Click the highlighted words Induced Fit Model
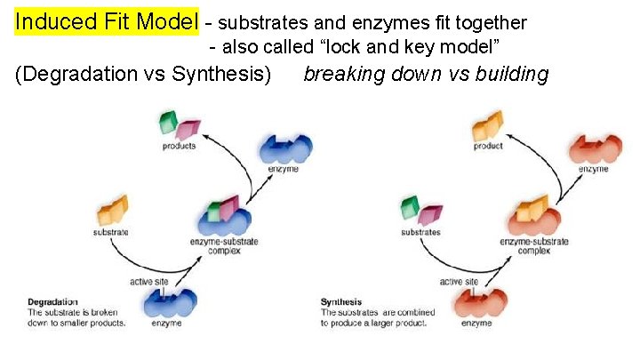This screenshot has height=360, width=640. click(108, 21)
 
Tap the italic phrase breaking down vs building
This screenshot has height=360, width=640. click(426, 74)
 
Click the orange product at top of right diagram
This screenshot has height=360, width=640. click(488, 124)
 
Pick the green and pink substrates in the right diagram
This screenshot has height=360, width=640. click(420, 211)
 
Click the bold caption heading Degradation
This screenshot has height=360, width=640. click(52, 302)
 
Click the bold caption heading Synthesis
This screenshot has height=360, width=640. click(341, 302)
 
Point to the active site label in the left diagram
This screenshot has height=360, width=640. click(150, 282)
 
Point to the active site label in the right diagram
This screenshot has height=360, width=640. click(460, 282)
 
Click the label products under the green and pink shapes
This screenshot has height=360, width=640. click(180, 146)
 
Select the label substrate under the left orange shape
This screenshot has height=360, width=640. click(111, 233)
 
